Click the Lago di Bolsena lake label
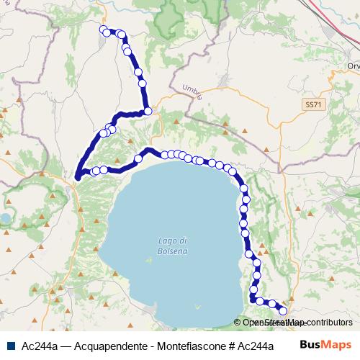(172, 245)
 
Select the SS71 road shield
(312, 104)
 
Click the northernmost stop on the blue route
(104, 30)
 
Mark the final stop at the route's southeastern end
(283, 310)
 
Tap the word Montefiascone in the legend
(181, 346)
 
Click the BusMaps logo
(325, 345)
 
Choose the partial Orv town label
(352, 66)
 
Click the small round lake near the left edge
(5, 217)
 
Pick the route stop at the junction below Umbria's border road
(148, 111)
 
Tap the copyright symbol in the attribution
(237, 323)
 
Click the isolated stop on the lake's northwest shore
(138, 158)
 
